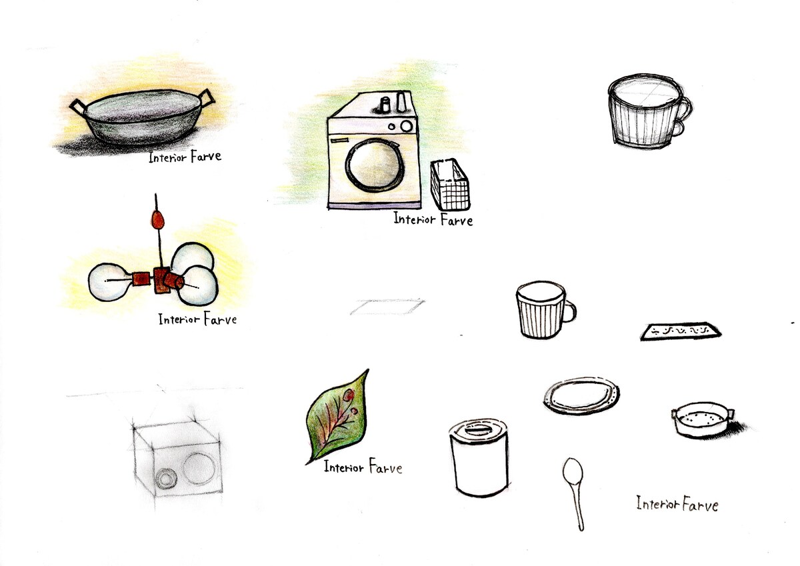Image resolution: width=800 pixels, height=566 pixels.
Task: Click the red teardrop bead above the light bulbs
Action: [157, 219]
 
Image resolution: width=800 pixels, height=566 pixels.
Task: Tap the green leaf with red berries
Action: [337, 417]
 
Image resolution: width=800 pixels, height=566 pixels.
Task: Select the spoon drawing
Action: [574, 494]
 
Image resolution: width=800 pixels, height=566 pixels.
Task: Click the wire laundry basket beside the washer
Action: [450, 185]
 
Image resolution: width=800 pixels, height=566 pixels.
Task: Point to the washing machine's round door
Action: [375, 165]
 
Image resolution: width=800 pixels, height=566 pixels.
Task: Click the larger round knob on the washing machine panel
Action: [406, 126]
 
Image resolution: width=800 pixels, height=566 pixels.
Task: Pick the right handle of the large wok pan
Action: [207, 97]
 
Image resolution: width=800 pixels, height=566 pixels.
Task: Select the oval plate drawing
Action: [581, 395]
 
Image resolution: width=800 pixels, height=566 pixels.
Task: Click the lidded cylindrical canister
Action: [479, 458]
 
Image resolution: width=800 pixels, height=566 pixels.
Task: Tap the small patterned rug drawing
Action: [681, 331]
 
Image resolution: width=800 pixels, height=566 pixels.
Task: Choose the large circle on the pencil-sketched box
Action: [199, 469]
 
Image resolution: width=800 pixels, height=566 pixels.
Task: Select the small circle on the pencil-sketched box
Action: [166, 479]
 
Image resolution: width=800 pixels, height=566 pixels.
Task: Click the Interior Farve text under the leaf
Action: [363, 467]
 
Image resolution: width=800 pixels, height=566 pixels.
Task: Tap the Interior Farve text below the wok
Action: [185, 157]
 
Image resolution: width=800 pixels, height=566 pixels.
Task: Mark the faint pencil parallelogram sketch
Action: [387, 307]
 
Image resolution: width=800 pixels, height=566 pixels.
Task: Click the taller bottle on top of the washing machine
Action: [401, 101]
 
